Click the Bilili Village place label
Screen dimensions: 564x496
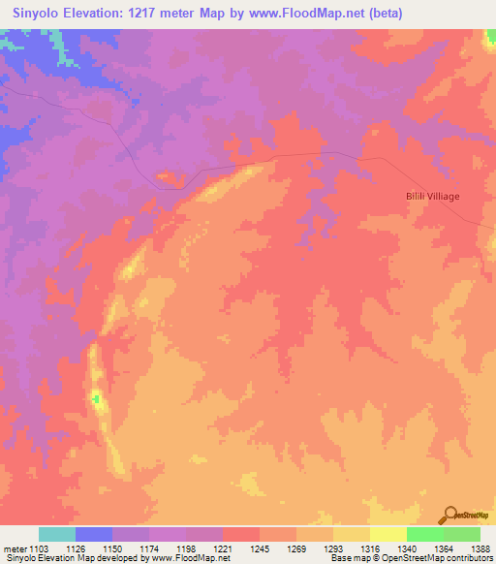[x=432, y=196]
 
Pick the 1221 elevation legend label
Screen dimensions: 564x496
[x=224, y=548]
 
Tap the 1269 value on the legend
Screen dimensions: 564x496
[x=297, y=548]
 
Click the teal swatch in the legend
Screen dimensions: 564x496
[x=57, y=534]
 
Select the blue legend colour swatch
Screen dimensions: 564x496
[x=94, y=534]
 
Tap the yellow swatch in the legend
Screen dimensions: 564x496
[x=388, y=534]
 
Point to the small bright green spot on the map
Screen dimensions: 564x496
[x=96, y=398]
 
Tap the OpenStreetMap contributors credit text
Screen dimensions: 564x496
[x=439, y=559]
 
